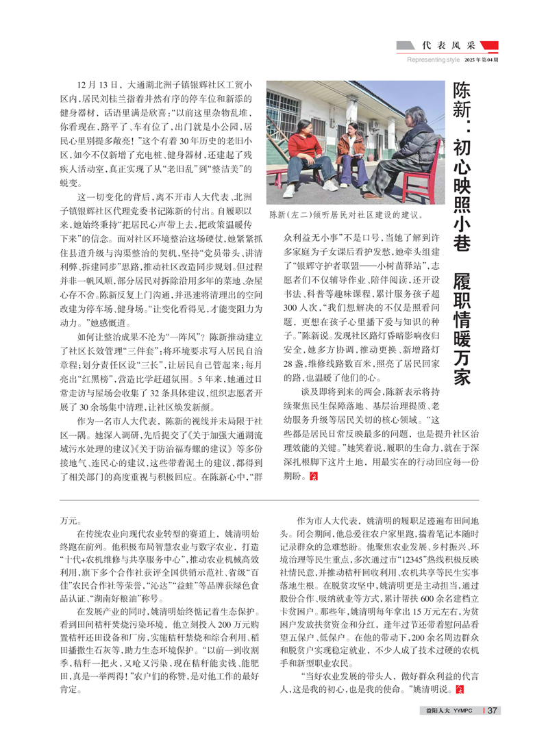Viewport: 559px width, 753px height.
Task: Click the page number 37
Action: (x=491, y=710)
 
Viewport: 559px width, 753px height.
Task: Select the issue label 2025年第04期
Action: (x=482, y=60)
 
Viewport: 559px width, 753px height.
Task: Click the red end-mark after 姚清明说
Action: (x=459, y=688)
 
